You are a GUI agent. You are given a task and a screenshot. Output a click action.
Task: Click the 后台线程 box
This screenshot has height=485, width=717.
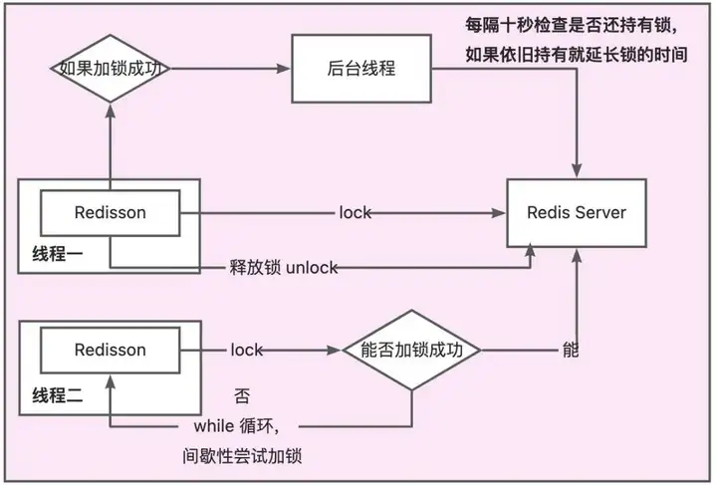pos(361,69)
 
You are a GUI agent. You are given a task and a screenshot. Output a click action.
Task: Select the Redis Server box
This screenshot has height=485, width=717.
pos(577,213)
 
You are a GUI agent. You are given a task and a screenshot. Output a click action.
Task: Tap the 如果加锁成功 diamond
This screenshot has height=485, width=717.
pos(111,69)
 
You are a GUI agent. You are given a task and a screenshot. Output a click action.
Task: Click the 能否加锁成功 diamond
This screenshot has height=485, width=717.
pos(411,351)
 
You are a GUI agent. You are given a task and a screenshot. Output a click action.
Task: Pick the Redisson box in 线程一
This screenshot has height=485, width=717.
pos(111,213)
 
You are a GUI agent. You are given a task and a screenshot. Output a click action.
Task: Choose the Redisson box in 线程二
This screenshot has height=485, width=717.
pos(111,351)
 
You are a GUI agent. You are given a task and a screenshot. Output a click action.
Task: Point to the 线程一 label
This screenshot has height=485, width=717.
pos(58,254)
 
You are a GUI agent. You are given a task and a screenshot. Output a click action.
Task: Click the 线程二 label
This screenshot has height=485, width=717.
pos(58,395)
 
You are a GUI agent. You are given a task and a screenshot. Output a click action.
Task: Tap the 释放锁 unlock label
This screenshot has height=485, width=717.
pos(284,268)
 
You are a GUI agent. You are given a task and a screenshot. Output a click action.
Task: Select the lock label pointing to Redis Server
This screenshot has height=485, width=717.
pos(356,212)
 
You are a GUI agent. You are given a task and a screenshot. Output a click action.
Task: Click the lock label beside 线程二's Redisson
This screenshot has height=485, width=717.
pos(247,351)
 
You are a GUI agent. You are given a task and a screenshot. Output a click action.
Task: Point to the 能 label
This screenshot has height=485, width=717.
pos(571,351)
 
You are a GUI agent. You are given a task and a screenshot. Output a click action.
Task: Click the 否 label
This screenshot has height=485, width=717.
pos(242,395)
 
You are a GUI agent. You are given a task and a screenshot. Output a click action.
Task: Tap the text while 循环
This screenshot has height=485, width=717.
pos(236,426)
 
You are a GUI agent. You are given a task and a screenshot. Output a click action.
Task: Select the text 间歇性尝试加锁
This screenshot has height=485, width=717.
pos(242,456)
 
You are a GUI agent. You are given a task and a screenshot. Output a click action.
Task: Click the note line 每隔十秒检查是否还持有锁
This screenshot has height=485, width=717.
pos(572,25)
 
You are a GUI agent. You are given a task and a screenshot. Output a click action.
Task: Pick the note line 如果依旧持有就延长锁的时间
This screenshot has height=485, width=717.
pos(577,55)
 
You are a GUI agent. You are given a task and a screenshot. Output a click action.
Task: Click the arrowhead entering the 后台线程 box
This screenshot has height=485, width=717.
pos(284,69)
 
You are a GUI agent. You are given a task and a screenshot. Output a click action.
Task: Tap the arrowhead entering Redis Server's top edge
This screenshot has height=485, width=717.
pos(577,171)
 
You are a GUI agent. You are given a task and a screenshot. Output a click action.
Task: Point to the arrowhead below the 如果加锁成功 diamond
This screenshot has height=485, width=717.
pos(111,112)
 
